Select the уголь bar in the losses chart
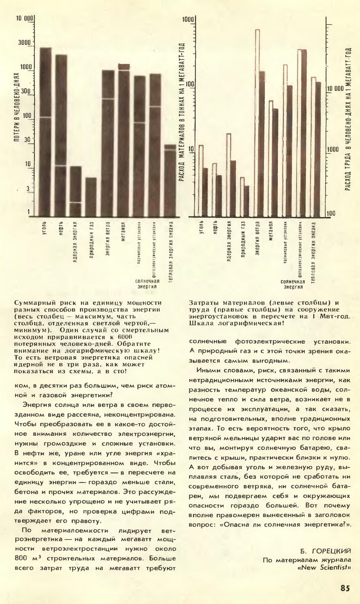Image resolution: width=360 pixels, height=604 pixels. pos(45,130)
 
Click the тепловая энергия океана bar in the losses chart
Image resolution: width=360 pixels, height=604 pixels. pos(170,180)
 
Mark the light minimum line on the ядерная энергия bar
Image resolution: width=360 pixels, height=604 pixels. pos(76,202)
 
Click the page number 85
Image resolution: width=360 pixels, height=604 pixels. pos(345,588)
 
